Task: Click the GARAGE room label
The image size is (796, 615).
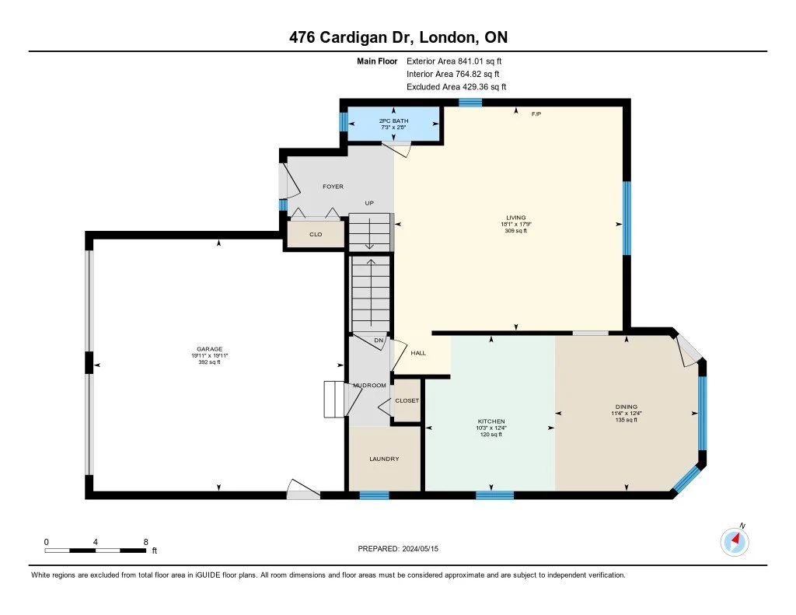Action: point(210,349)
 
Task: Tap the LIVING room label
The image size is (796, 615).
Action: point(516,218)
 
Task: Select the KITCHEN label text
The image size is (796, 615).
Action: point(491,421)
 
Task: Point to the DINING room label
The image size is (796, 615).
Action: point(626,407)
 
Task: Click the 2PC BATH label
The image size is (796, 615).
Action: point(393,121)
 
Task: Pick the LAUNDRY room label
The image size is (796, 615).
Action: point(384,459)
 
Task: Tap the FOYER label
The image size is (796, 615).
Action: point(333,187)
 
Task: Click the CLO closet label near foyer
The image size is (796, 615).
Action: point(316,234)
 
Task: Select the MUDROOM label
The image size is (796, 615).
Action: point(369,386)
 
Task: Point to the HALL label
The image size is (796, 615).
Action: point(418,353)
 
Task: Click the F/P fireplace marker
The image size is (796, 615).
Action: point(536,114)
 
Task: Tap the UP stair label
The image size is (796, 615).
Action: point(369,203)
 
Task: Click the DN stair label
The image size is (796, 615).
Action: point(379,341)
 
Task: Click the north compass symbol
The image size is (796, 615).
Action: point(735,541)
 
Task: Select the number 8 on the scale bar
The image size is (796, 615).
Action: point(145,542)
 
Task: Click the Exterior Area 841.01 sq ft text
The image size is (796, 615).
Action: point(454,61)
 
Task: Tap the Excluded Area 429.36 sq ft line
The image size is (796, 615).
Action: point(456,87)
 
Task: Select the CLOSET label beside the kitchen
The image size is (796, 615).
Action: point(407,400)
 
